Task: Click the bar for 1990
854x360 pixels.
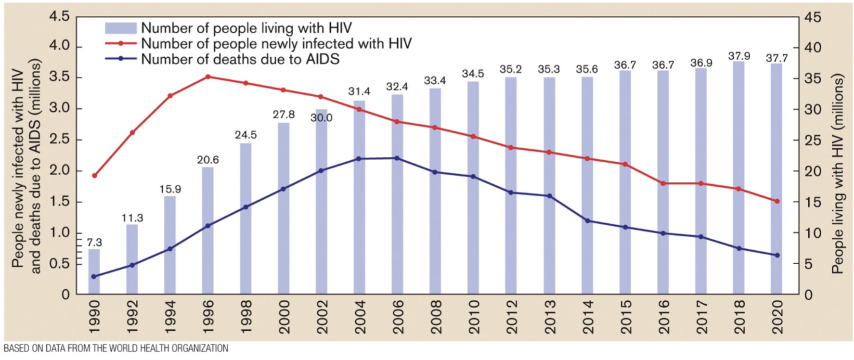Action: [94, 271]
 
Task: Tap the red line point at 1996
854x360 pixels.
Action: [208, 77]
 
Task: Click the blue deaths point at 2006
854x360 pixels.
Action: [397, 158]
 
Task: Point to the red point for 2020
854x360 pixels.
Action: [776, 201]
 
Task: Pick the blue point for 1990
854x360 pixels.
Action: [94, 276]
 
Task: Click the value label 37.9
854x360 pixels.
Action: [739, 56]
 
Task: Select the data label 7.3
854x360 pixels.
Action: [94, 242]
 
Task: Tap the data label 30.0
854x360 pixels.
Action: [321, 118]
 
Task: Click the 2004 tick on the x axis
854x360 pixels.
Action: [360, 317]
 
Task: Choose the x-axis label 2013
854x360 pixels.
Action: [549, 317]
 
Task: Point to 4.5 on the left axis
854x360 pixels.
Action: [59, 17]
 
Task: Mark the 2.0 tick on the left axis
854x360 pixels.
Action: [59, 171]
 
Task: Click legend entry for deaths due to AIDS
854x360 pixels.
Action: [240, 59]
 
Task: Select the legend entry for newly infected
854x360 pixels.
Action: [276, 44]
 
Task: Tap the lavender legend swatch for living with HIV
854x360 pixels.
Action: [121, 28]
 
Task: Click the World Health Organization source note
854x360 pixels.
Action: [116, 348]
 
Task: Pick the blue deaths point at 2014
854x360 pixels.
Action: [587, 220]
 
